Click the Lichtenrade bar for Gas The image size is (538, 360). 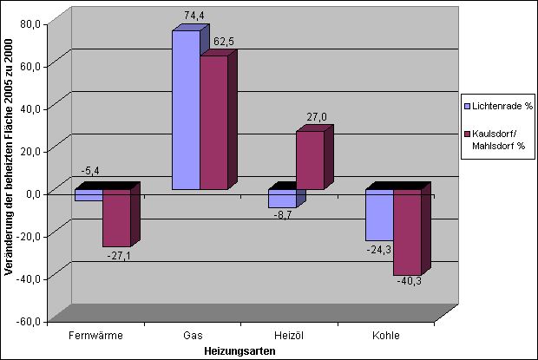pyautogui.click(x=186, y=109)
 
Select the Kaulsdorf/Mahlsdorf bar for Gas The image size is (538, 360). pyautogui.click(x=214, y=122)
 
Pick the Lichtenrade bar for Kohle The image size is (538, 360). pyautogui.click(x=379, y=215)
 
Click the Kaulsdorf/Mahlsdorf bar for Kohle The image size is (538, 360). pyautogui.click(x=407, y=232)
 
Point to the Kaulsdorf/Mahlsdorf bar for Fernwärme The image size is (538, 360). pyautogui.click(x=116, y=218)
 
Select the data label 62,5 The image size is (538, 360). pyautogui.click(x=224, y=42)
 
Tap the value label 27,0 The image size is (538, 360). pyautogui.click(x=317, y=117)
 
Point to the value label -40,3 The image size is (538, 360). pyautogui.click(x=410, y=281)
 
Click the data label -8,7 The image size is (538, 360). pyautogui.click(x=283, y=216)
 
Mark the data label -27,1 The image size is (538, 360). pyautogui.click(x=119, y=256)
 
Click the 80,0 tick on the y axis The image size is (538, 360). pyautogui.click(x=30, y=24)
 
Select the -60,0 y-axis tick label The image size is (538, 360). pyautogui.click(x=29, y=322)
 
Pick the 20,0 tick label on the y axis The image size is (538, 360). pyautogui.click(x=30, y=151)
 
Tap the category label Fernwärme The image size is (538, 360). pyautogui.click(x=95, y=336)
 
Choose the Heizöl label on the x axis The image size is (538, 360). pyautogui.click(x=289, y=336)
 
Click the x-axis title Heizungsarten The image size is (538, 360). pyautogui.click(x=239, y=351)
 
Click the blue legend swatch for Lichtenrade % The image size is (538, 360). pyautogui.click(x=467, y=107)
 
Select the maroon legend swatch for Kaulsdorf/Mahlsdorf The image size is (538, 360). pyautogui.click(x=467, y=134)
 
